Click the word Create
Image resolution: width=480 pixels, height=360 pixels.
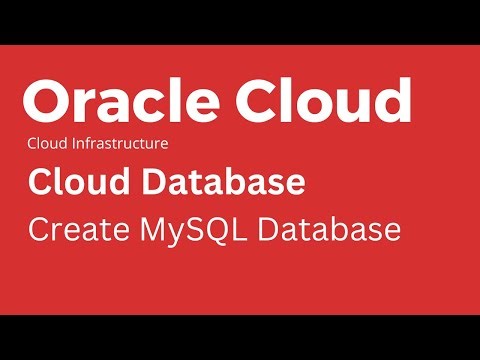71,229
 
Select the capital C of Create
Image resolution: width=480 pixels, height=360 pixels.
40,229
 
